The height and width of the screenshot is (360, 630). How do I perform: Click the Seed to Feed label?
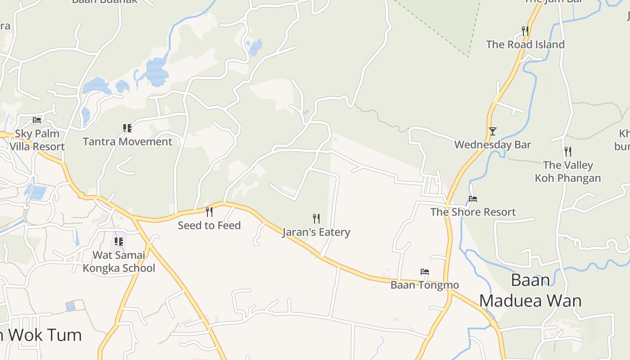[x=209, y=225]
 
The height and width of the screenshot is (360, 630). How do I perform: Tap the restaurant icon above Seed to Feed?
[x=209, y=211]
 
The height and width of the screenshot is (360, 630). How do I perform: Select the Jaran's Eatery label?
[x=316, y=232]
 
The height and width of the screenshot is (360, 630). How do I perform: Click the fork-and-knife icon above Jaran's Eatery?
[x=316, y=219]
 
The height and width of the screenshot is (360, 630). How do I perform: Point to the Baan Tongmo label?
[x=424, y=285]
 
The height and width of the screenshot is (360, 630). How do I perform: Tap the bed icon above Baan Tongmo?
[x=424, y=272]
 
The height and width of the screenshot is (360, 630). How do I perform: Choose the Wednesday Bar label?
[x=492, y=145]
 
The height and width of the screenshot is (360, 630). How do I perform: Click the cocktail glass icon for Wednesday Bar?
[x=493, y=131]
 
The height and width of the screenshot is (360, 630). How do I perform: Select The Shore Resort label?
[x=473, y=212]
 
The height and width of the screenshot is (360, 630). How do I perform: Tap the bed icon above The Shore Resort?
[x=472, y=199]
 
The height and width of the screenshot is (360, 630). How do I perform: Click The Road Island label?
[x=525, y=45]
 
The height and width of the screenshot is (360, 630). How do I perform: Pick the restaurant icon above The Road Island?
[x=525, y=31]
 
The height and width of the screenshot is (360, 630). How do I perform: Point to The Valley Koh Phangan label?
[x=567, y=171]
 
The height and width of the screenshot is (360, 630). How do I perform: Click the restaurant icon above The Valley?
[x=568, y=152]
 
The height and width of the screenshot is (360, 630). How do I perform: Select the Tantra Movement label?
[x=127, y=142]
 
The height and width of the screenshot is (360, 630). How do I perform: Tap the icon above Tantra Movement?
[x=127, y=128]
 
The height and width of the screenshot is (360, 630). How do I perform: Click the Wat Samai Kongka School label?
[x=119, y=261]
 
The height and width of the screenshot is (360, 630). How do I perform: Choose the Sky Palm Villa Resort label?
[x=37, y=140]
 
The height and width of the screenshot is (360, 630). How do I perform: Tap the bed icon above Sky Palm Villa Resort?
[x=37, y=120]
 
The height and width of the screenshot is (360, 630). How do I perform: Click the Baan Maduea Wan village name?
[x=530, y=290]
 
